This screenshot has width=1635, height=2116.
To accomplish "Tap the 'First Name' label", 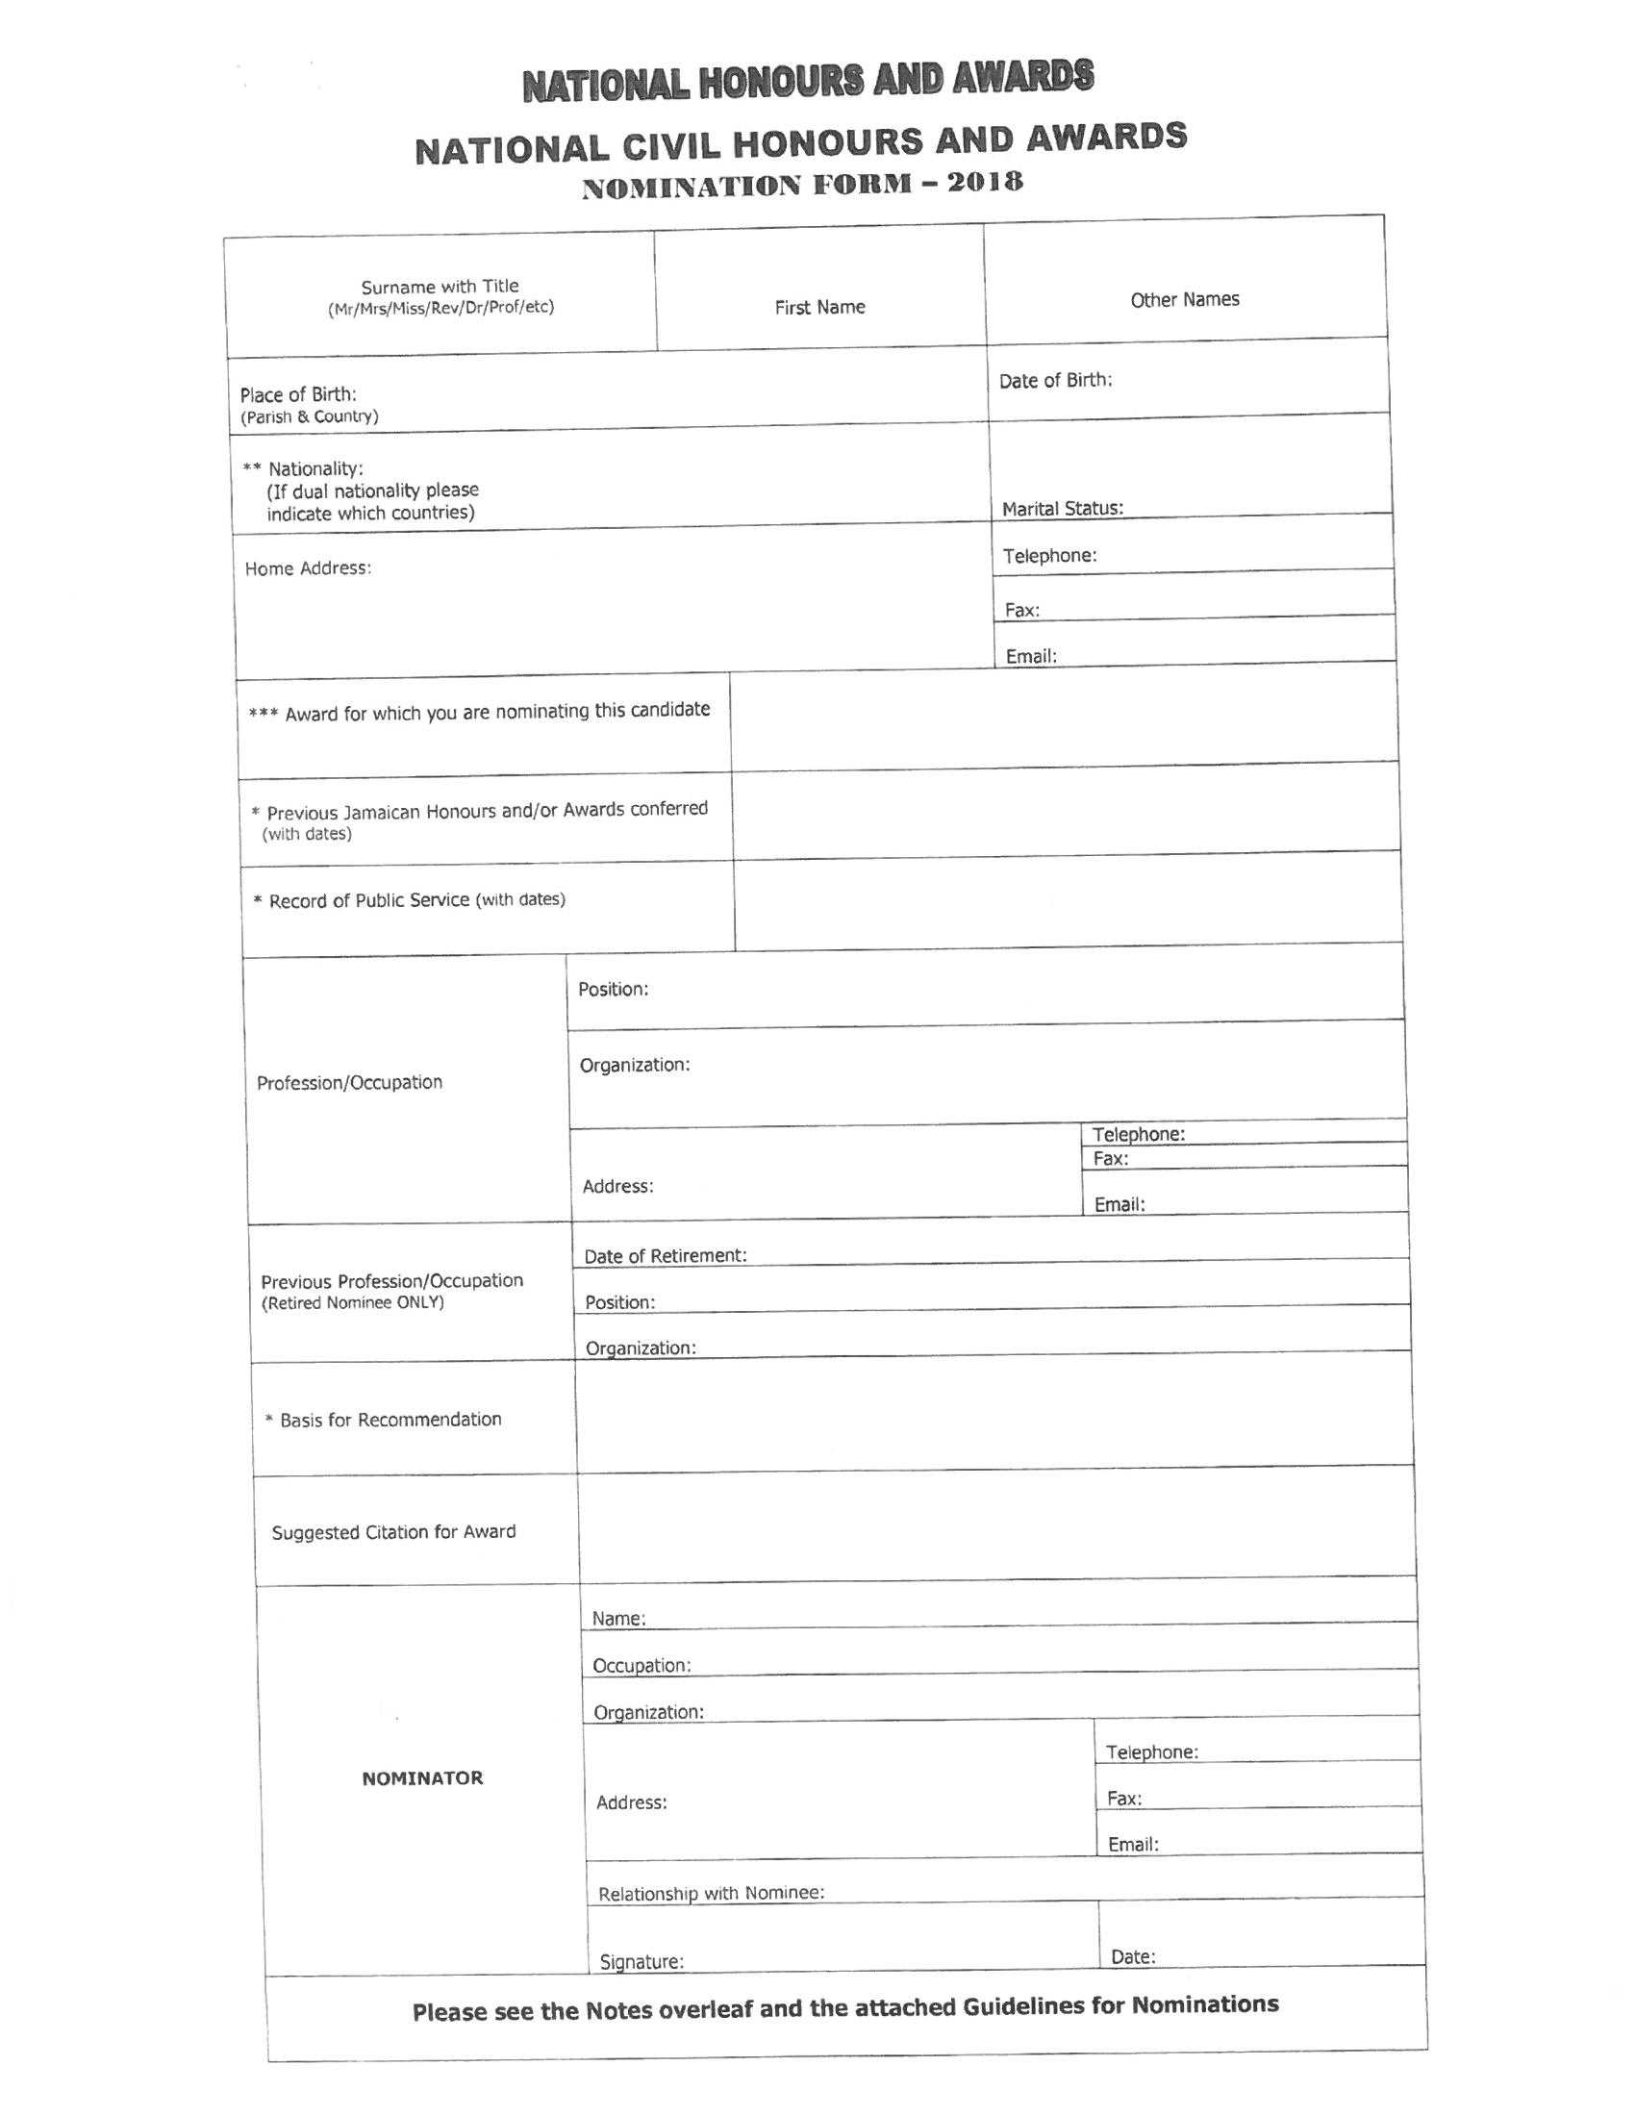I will [x=819, y=307].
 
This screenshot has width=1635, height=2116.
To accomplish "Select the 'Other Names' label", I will [x=1185, y=299].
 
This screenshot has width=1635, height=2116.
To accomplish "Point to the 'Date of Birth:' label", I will [x=1055, y=381].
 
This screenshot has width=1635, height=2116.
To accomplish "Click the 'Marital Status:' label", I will [x=1063, y=509].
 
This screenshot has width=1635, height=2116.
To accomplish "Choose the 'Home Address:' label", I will [x=308, y=568].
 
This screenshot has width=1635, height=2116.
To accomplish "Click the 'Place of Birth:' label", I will [x=298, y=394].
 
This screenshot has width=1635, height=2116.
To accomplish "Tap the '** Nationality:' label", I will [x=303, y=469].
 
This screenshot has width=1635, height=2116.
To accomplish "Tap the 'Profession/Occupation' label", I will [x=350, y=1082].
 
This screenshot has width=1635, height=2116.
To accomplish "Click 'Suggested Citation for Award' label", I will [x=393, y=1532].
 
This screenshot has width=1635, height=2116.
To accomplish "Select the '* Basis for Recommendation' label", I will [x=384, y=1420].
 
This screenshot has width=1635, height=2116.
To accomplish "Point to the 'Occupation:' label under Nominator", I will [x=641, y=1666].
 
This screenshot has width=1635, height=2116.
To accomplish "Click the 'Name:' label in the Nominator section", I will [x=619, y=1619].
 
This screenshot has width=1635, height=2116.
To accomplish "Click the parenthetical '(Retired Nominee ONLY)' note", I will [x=353, y=1303].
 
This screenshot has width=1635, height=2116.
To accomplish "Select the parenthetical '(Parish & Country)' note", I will [x=309, y=416].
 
